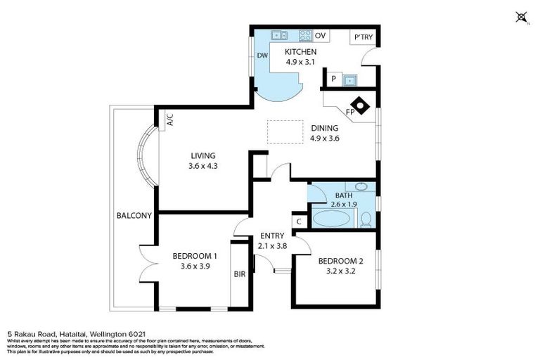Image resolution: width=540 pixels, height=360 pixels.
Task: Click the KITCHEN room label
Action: pos(300,52)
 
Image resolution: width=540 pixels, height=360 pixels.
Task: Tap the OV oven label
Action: pos(321,36)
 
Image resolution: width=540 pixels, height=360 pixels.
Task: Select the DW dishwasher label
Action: pos(262,56)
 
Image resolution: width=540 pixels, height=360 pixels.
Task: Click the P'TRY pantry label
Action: pos(363,37)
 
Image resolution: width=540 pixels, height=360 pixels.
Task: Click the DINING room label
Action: pos(325,129)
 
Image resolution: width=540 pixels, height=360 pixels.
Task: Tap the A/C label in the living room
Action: pos(169,121)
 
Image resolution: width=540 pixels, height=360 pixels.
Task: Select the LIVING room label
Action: pos(202,156)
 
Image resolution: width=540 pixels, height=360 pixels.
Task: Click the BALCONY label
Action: pos(134,216)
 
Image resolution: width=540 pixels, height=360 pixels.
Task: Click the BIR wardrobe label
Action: pos(239,274)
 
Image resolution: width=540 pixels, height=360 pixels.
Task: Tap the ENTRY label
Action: pos(271,236)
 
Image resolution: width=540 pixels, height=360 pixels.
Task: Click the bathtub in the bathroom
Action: pos(330,219)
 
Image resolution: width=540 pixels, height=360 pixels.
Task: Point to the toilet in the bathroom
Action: pos(366,220)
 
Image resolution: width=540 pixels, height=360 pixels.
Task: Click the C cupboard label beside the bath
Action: pos(299,221)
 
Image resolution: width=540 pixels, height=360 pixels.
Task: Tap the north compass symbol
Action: pos(521,17)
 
